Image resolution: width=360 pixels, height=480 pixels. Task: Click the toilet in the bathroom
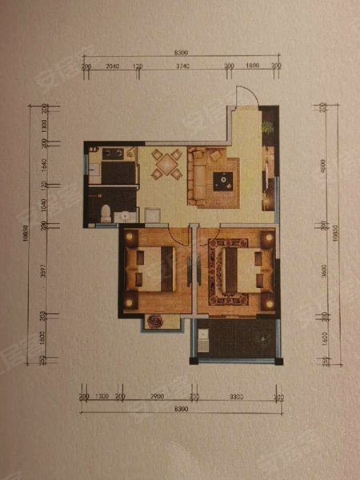point(106,212)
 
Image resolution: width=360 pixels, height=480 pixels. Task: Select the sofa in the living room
point(197,173)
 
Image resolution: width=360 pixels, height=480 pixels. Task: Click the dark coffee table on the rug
point(222,181)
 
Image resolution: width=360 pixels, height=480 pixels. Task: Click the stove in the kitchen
point(111,154)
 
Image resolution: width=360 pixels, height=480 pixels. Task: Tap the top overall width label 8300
point(181,54)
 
